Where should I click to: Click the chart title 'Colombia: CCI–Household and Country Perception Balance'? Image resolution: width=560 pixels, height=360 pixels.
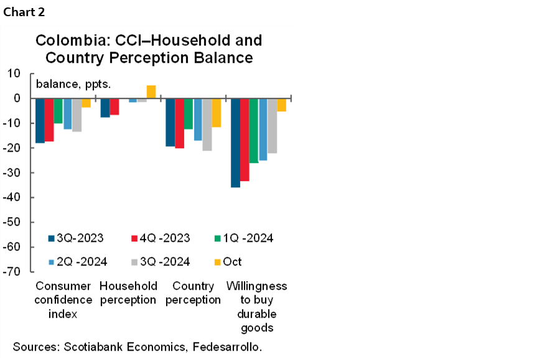pyautogui.click(x=149, y=49)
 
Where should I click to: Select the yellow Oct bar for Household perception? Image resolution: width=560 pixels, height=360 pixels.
pyautogui.click(x=151, y=92)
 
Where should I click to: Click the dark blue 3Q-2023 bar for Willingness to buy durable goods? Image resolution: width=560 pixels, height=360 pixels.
pyautogui.click(x=235, y=142)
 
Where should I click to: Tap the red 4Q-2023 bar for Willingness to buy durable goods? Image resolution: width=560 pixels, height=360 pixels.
pyautogui.click(x=245, y=139)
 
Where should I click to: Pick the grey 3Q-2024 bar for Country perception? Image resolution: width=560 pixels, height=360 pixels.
pyautogui.click(x=207, y=124)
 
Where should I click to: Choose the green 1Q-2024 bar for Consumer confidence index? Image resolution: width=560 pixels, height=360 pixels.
pyautogui.click(x=58, y=111)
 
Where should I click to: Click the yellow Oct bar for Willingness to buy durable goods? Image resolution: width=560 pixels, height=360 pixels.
pyautogui.click(x=281, y=104)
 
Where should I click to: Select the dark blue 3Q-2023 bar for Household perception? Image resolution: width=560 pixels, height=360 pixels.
pyautogui.click(x=105, y=108)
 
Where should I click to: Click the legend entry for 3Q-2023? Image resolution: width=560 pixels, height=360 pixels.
pyautogui.click(x=75, y=238)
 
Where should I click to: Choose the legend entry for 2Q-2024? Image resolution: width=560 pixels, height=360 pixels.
pyautogui.click(x=78, y=262)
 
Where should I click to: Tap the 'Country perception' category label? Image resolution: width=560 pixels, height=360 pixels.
pyautogui.click(x=193, y=293)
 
